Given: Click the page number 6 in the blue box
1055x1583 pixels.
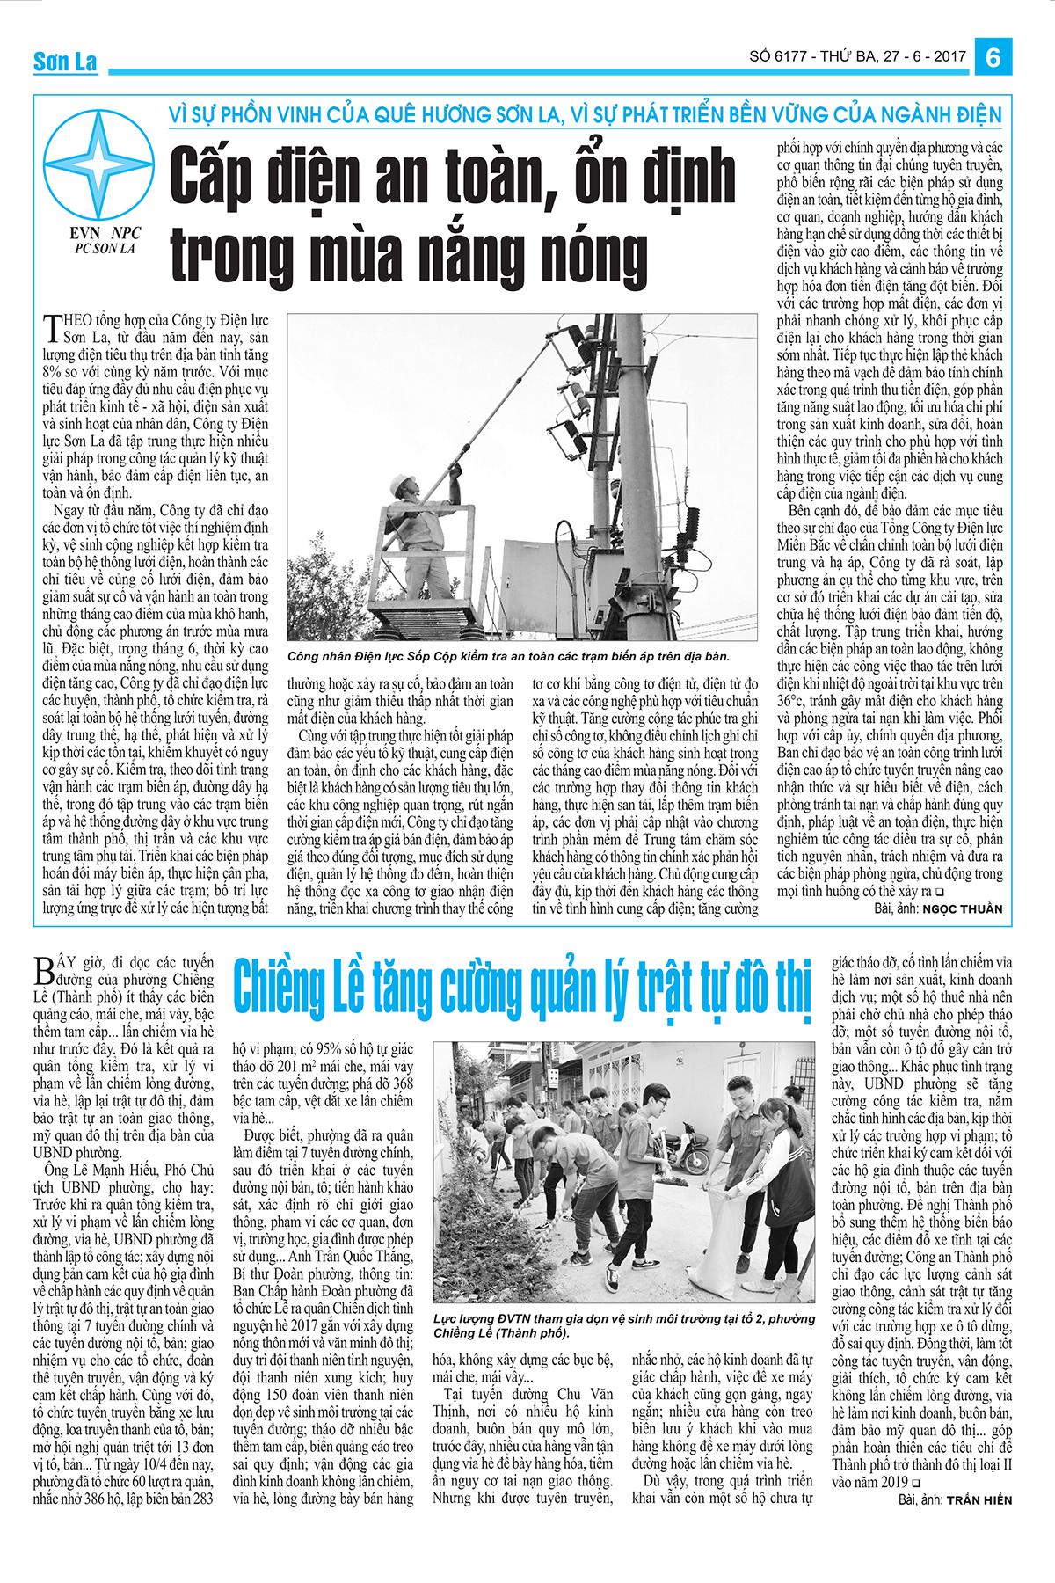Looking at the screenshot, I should click(993, 57).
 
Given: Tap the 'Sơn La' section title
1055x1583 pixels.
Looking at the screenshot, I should click(65, 62).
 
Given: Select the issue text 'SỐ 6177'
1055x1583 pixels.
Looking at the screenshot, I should click(777, 56).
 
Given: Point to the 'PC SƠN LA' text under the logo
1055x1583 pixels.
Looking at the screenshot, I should click(105, 249).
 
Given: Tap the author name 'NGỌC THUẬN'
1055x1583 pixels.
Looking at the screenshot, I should click(962, 908).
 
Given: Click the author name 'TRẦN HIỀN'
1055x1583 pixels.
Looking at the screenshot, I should click(979, 1499).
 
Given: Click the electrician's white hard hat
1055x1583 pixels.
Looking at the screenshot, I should click(404, 482).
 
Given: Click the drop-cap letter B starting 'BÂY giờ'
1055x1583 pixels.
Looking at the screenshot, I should click(44, 970).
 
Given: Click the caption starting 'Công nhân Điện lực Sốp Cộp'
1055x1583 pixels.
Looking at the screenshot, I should click(508, 656).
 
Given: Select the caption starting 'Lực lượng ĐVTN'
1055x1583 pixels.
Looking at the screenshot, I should click(623, 1325).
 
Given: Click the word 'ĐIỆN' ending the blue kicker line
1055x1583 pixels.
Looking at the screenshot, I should click(977, 115).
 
